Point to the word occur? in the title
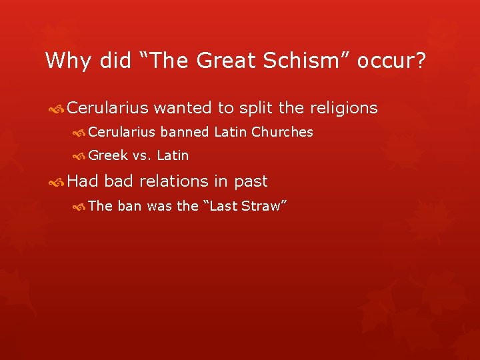point(391,61)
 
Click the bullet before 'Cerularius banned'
point(80,133)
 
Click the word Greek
point(108,156)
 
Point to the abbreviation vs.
point(142,156)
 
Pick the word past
point(251,181)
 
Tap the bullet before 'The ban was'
point(80,207)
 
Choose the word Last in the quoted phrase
point(223,206)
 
